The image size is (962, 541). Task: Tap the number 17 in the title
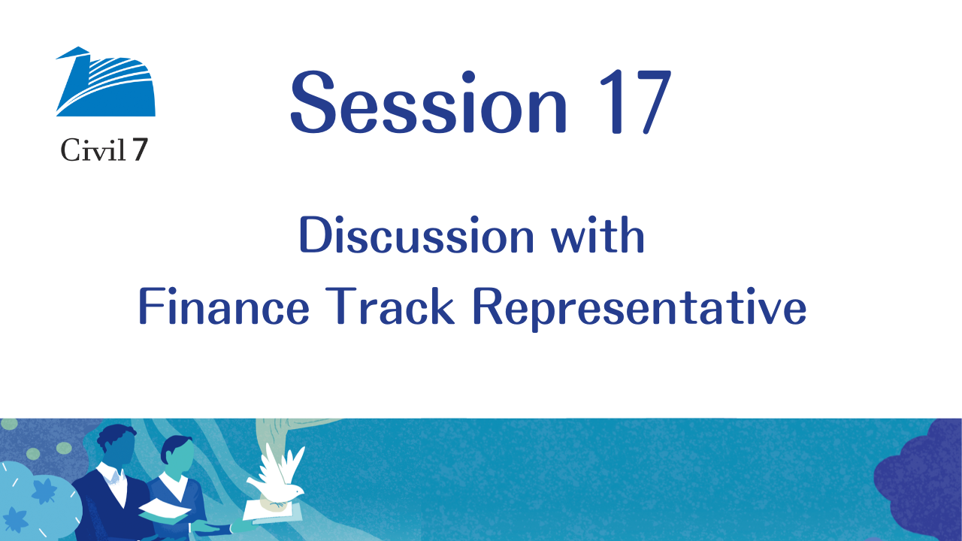click(x=635, y=101)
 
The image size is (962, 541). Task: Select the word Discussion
click(x=416, y=235)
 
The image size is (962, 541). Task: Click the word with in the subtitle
click(x=597, y=235)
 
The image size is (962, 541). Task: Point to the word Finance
click(x=223, y=306)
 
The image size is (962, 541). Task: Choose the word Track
click(x=389, y=306)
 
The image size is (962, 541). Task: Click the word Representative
click(x=639, y=308)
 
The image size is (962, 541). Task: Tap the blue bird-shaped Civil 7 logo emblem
click(x=105, y=82)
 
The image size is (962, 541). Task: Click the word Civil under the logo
click(x=92, y=150)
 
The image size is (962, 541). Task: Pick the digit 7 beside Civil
click(x=140, y=150)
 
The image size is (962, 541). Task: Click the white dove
click(x=277, y=476)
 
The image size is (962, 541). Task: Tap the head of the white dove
click(x=295, y=490)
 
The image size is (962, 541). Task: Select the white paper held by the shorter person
click(x=165, y=510)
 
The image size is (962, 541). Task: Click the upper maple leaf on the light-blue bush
click(x=44, y=491)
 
